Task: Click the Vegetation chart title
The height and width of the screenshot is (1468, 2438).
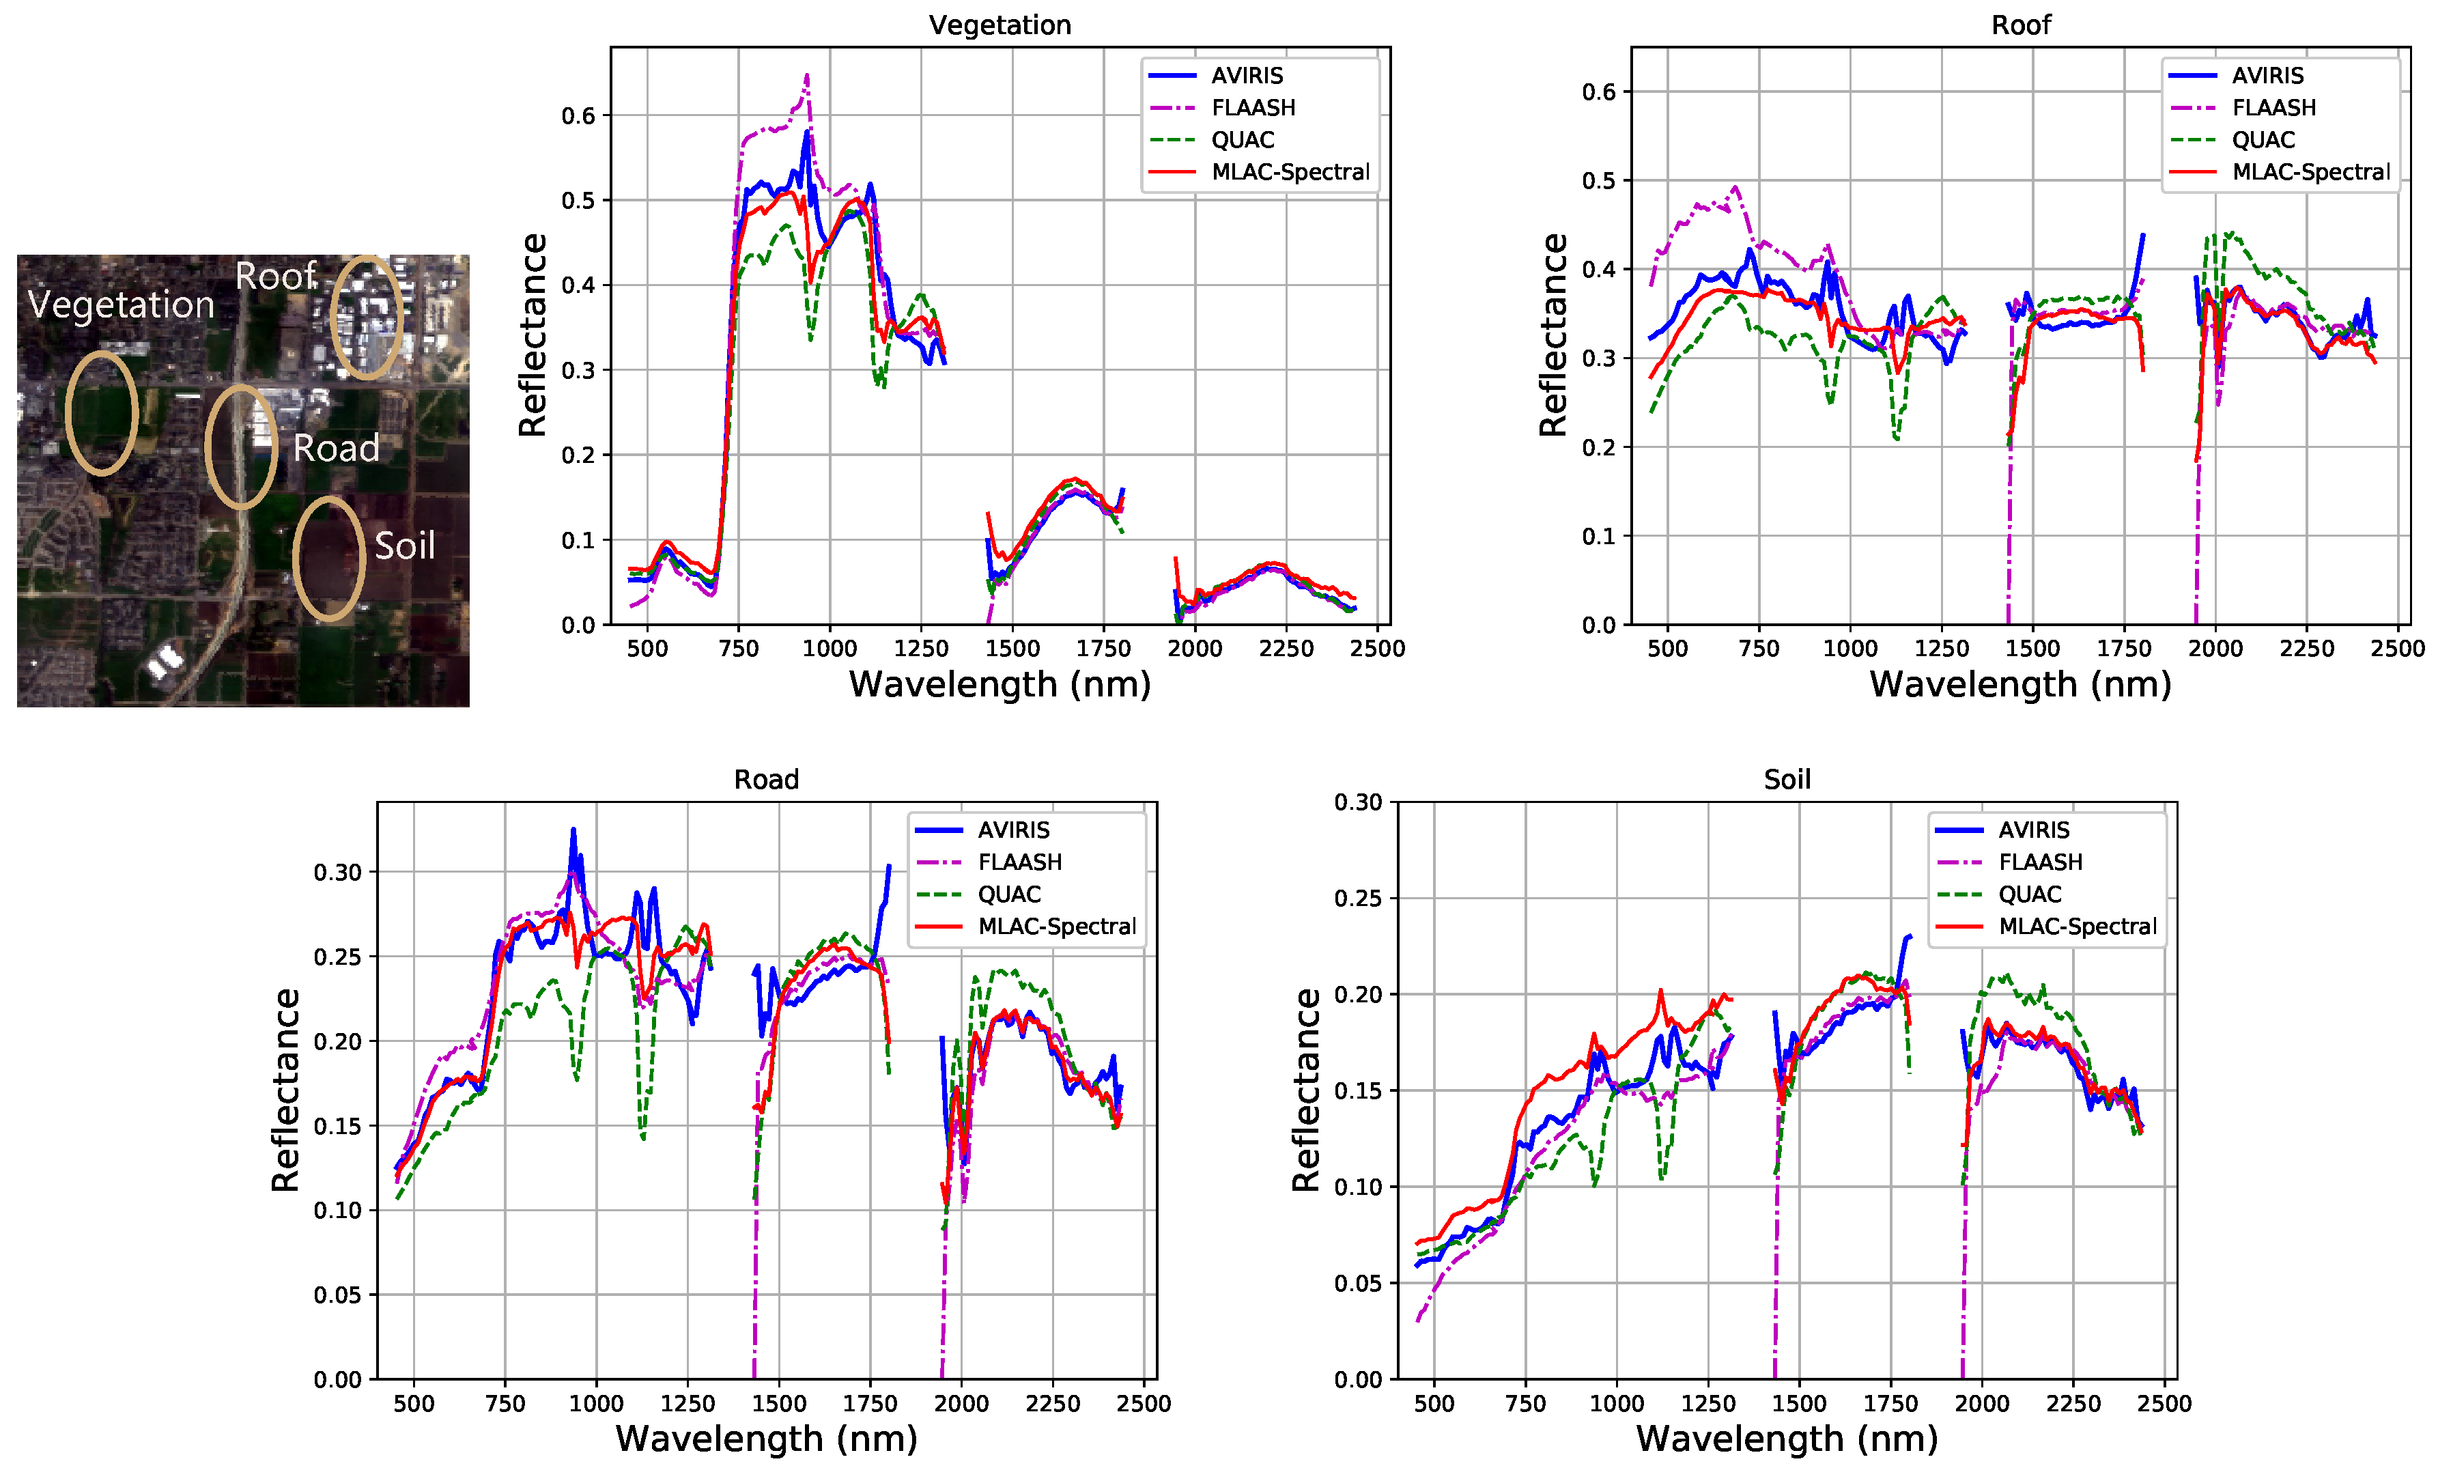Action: tap(999, 25)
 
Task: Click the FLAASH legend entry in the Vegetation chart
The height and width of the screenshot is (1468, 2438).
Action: tap(1252, 108)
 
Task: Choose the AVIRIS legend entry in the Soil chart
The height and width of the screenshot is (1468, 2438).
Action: tap(2032, 830)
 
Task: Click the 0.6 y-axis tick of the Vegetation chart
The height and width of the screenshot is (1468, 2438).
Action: tap(578, 117)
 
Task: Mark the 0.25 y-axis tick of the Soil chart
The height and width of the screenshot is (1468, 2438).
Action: tap(1358, 898)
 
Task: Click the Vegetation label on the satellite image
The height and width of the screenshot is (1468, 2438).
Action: tap(121, 305)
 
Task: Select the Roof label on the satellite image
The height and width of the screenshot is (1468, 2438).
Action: tap(275, 276)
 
